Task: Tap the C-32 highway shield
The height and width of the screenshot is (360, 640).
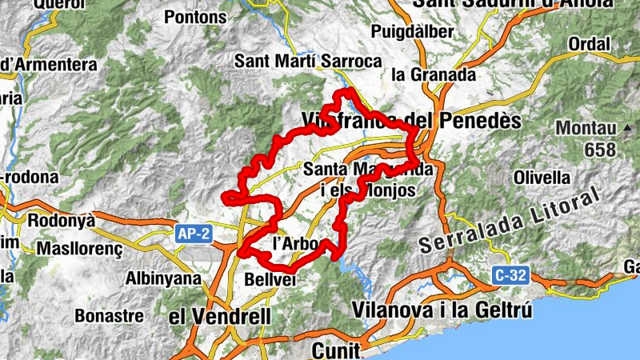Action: pyautogui.click(x=510, y=274)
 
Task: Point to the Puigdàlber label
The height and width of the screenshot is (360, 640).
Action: pyautogui.click(x=414, y=33)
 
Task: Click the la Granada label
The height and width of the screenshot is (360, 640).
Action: pyautogui.click(x=434, y=74)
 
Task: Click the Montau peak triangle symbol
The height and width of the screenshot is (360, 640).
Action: pyautogui.click(x=630, y=127)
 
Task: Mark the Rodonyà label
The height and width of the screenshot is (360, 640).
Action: pyautogui.click(x=61, y=220)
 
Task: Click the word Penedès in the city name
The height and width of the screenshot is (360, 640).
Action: pyautogui.click(x=478, y=122)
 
